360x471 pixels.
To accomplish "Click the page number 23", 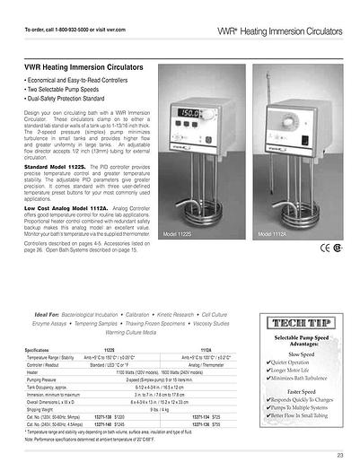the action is [x=341, y=456].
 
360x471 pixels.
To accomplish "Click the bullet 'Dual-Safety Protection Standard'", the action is [x=70, y=99].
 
